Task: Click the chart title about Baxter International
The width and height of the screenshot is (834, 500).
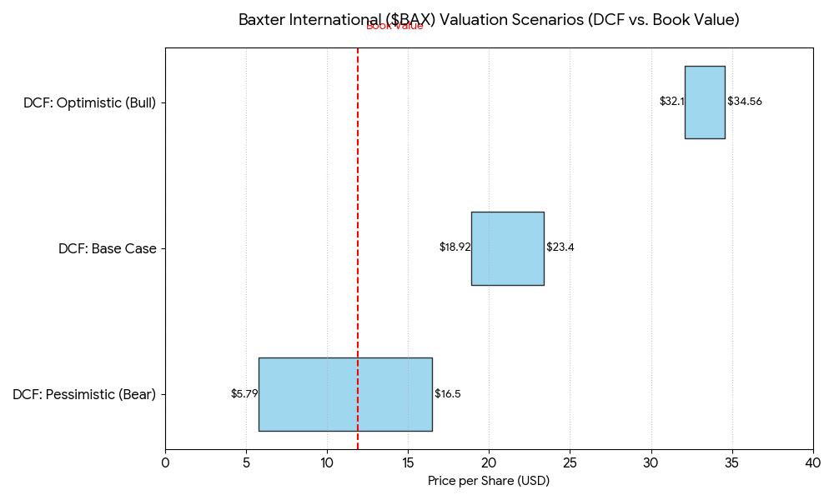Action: click(489, 20)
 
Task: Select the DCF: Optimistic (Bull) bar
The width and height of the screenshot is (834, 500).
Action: click(705, 102)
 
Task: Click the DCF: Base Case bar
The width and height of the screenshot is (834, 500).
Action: click(507, 248)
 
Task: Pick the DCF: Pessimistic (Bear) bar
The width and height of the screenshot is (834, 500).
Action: click(345, 394)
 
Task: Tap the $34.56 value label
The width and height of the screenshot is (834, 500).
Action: click(745, 102)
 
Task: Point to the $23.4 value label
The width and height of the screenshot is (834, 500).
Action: click(560, 247)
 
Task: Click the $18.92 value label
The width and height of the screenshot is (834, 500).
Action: click(455, 247)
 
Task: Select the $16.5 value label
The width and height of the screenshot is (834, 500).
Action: click(448, 394)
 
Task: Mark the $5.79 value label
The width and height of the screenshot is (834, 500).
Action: click(244, 394)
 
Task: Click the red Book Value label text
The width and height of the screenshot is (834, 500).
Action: click(394, 27)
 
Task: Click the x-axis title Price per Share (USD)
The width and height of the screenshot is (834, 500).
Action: click(489, 481)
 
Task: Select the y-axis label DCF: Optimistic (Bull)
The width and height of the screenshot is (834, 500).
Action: click(89, 103)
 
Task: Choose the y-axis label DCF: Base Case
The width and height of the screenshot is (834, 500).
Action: click(108, 249)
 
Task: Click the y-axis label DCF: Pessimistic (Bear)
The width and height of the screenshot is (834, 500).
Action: click(84, 395)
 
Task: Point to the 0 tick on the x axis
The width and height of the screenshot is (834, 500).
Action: click(165, 462)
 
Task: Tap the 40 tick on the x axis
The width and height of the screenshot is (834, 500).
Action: click(813, 462)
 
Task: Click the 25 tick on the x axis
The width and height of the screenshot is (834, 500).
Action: click(570, 462)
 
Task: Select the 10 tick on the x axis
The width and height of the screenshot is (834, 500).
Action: click(327, 462)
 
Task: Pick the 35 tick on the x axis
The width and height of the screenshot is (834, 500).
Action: click(732, 462)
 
